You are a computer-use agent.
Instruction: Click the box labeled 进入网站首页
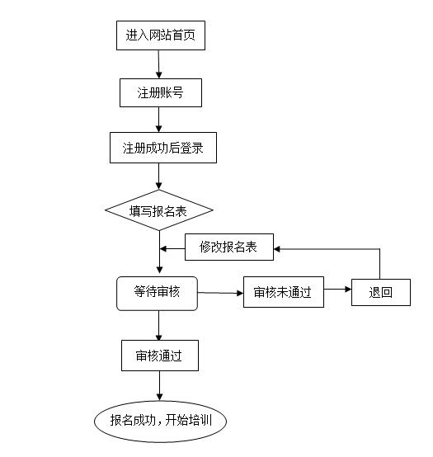click(x=161, y=35)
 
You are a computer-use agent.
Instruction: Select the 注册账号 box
click(x=161, y=92)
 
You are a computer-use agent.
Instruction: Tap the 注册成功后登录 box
click(x=162, y=148)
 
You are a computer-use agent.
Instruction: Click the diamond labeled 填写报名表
click(x=159, y=210)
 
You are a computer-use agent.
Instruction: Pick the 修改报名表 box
click(x=229, y=247)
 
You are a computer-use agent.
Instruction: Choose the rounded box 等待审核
click(x=157, y=293)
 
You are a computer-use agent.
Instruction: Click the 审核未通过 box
click(x=284, y=292)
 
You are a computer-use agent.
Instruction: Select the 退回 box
click(x=381, y=292)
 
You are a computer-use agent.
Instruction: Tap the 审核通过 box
click(x=160, y=356)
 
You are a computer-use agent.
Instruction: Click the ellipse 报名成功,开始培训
click(x=160, y=422)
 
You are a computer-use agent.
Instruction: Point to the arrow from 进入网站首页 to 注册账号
click(x=158, y=64)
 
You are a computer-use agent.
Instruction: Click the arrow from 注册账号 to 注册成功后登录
click(x=158, y=120)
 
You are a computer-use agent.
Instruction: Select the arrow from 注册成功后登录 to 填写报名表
click(x=158, y=177)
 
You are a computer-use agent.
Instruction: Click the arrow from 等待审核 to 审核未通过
click(x=220, y=293)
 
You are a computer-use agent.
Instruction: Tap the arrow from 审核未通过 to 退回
click(x=337, y=289)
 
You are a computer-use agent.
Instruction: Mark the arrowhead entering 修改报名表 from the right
click(x=276, y=249)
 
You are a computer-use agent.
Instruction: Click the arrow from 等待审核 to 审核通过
click(x=159, y=326)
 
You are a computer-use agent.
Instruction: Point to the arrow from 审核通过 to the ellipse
click(x=159, y=386)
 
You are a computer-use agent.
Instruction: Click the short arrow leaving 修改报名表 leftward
click(x=172, y=248)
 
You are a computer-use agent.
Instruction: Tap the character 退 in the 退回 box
click(x=374, y=292)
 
